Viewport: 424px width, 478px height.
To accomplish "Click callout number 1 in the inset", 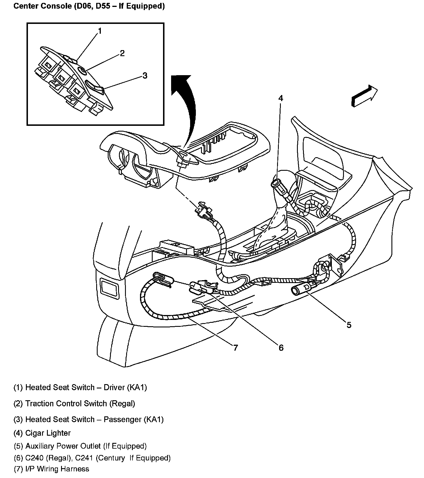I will (x=100, y=31).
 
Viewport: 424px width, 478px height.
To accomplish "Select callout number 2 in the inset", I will (x=122, y=53).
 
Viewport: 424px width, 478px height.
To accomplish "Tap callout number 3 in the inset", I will (x=145, y=76).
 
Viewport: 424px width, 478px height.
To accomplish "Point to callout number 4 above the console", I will (x=281, y=98).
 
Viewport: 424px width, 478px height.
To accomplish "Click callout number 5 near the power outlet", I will (x=349, y=325).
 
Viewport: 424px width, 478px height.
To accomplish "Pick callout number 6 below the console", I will (x=281, y=348).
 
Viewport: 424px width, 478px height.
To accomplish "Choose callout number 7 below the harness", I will (x=236, y=348).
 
